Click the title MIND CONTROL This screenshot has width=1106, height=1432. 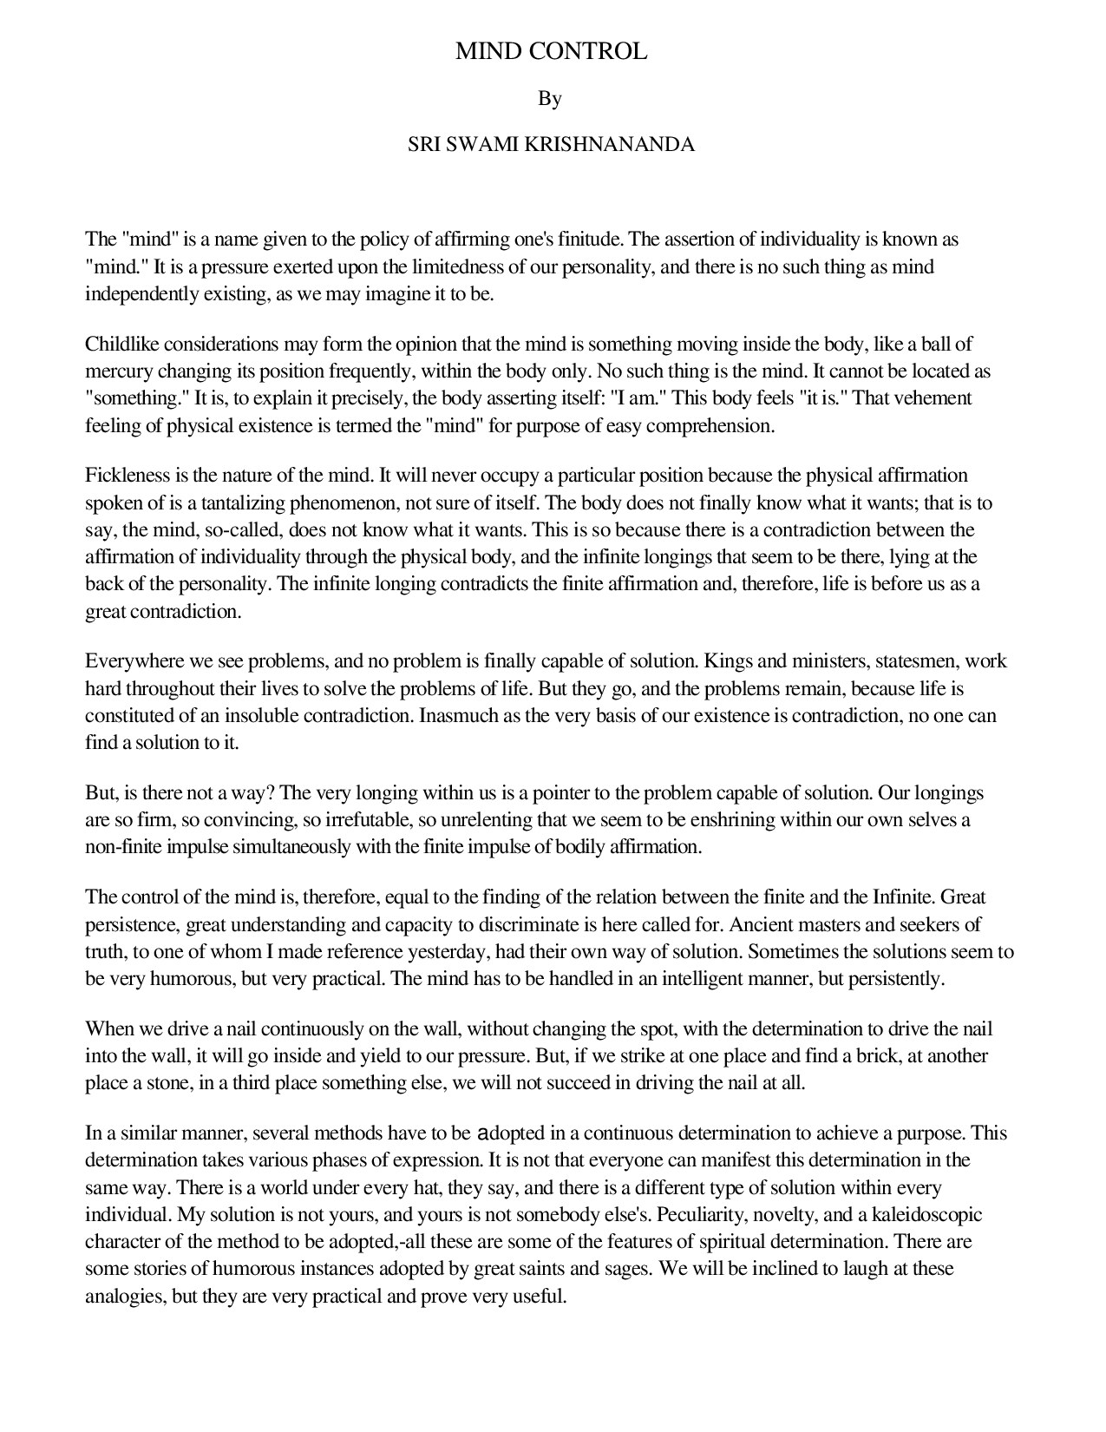552,51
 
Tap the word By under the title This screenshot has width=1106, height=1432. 550,99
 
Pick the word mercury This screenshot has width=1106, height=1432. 117,371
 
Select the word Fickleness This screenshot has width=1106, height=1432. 126,476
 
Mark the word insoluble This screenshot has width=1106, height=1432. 272,716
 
